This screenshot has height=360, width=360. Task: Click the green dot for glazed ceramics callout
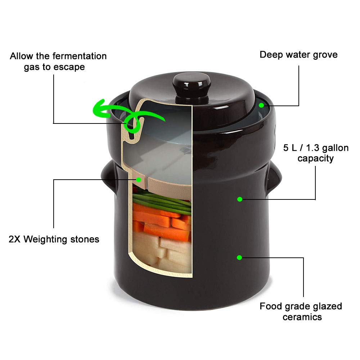239,257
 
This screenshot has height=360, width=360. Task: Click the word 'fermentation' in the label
79,56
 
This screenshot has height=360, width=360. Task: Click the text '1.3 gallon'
327,148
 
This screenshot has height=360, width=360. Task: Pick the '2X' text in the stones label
15,239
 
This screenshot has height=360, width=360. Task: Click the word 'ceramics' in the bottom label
302,317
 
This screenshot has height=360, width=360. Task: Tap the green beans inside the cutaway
162,200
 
